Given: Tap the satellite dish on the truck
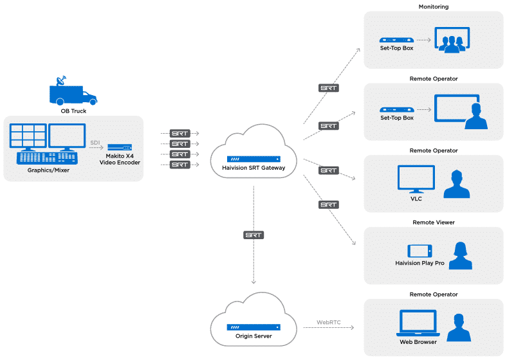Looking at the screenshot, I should click(x=61, y=82).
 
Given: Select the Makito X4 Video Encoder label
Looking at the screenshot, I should click(x=120, y=159).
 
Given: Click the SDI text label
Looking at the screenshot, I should click(x=94, y=141).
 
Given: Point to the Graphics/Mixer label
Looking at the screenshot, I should click(x=48, y=170).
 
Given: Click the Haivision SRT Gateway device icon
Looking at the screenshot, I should click(x=253, y=159).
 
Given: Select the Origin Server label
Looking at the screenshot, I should click(x=253, y=336).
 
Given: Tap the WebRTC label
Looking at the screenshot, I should click(x=328, y=321).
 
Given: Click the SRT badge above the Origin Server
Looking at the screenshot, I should click(x=253, y=235).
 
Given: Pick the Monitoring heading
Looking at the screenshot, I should click(x=433, y=7).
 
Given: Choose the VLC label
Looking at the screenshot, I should click(x=416, y=199).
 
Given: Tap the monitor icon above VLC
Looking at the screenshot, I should click(x=416, y=179).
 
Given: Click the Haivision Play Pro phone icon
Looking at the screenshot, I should click(x=419, y=251).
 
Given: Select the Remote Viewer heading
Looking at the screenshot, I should click(x=433, y=223).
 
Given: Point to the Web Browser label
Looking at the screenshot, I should click(x=418, y=342).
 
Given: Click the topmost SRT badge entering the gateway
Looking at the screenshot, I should click(x=180, y=133).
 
